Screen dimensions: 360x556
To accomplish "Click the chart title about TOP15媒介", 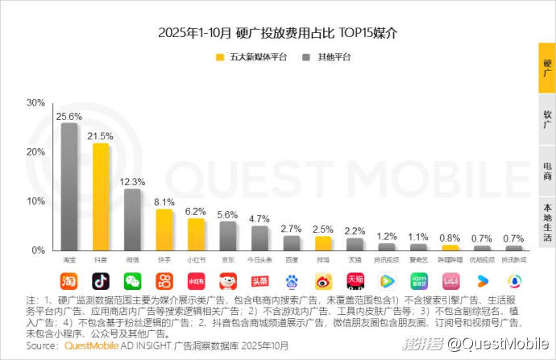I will pyautogui.click(x=278, y=33).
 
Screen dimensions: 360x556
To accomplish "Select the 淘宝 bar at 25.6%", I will pyautogui.click(x=69, y=187).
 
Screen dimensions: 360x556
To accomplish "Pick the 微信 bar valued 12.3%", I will pyautogui.click(x=132, y=219).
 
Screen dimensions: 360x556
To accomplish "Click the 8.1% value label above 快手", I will pyautogui.click(x=164, y=202).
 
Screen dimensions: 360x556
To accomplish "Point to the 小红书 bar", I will pyautogui.click(x=196, y=234).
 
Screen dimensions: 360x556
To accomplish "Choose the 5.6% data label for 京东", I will pyautogui.click(x=227, y=214).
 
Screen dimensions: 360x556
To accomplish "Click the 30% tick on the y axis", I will pyautogui.click(x=35, y=103).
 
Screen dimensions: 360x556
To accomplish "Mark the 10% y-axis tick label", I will pyautogui.click(x=35, y=201).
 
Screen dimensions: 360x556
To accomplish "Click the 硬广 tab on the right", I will pyautogui.click(x=547, y=68).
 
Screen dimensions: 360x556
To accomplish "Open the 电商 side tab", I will pyautogui.click(x=547, y=171).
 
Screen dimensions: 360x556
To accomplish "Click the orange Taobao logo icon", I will pyautogui.click(x=69, y=281).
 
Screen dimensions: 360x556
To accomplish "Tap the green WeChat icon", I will pyautogui.click(x=132, y=281).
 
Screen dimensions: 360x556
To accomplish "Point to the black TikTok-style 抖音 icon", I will pyautogui.click(x=101, y=281).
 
